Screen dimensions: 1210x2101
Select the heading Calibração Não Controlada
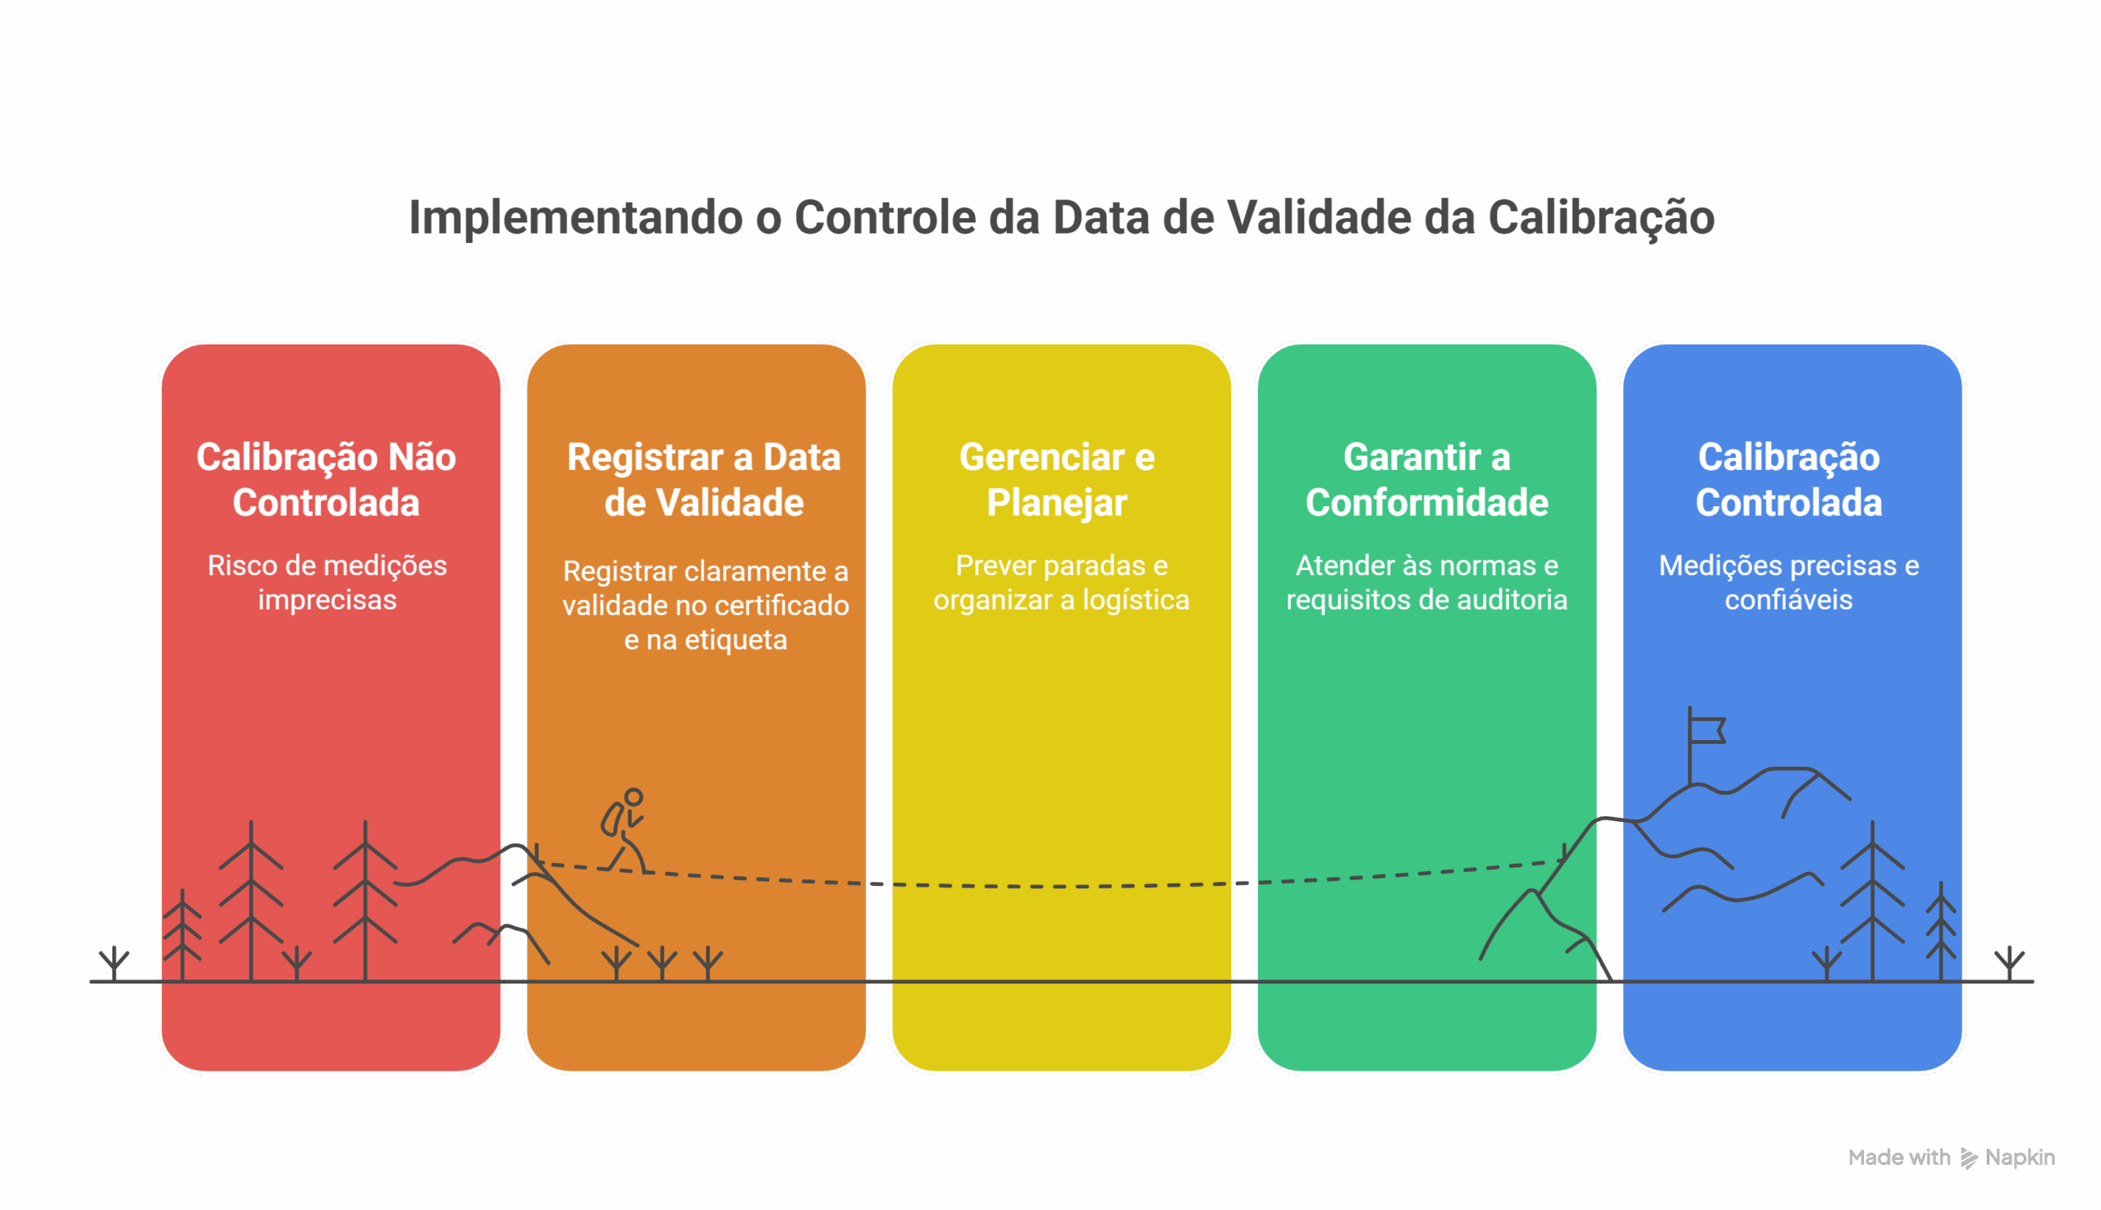326,480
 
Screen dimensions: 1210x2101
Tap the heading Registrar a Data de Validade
703,480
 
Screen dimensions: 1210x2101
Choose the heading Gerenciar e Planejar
1057,480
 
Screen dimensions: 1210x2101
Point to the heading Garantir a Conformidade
1426,480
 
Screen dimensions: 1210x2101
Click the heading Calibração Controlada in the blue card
1788,480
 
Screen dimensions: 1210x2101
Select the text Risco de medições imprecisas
327,582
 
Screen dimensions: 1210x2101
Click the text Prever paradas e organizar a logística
1061,582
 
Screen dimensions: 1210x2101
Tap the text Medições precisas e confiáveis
1788,582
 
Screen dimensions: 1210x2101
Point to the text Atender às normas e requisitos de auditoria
1426,582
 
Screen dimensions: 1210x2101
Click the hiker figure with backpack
625,830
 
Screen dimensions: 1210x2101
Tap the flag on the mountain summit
1707,730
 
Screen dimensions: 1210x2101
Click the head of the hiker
634,797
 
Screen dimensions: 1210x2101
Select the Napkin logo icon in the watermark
1969,1157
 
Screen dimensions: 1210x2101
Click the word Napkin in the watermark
2020,1157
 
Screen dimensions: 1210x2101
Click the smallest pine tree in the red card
182,935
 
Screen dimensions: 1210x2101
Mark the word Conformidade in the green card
1426,503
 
